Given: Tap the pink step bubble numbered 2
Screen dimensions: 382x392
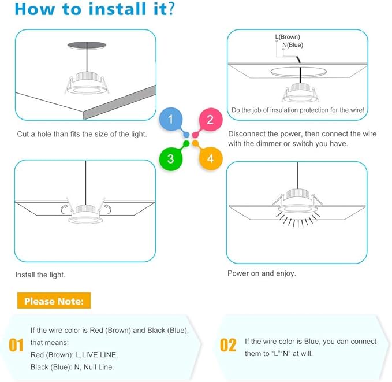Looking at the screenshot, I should tap(210, 120).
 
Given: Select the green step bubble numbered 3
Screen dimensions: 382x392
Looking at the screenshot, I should tap(171, 158).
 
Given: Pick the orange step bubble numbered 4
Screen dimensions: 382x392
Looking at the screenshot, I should tap(210, 158).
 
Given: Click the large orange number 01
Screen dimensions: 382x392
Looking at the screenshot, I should tap(16, 345).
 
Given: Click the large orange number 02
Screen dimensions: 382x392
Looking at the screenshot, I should tap(229, 345).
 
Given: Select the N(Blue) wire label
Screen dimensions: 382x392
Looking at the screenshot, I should tap(292, 44).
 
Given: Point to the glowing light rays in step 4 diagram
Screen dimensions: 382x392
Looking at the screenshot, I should tap(297, 220).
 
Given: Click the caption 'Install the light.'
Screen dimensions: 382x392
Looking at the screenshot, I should tap(40, 275).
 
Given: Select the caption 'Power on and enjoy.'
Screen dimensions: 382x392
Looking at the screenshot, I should tap(262, 273).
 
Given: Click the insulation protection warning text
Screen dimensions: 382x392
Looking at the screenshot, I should tap(297, 110).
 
